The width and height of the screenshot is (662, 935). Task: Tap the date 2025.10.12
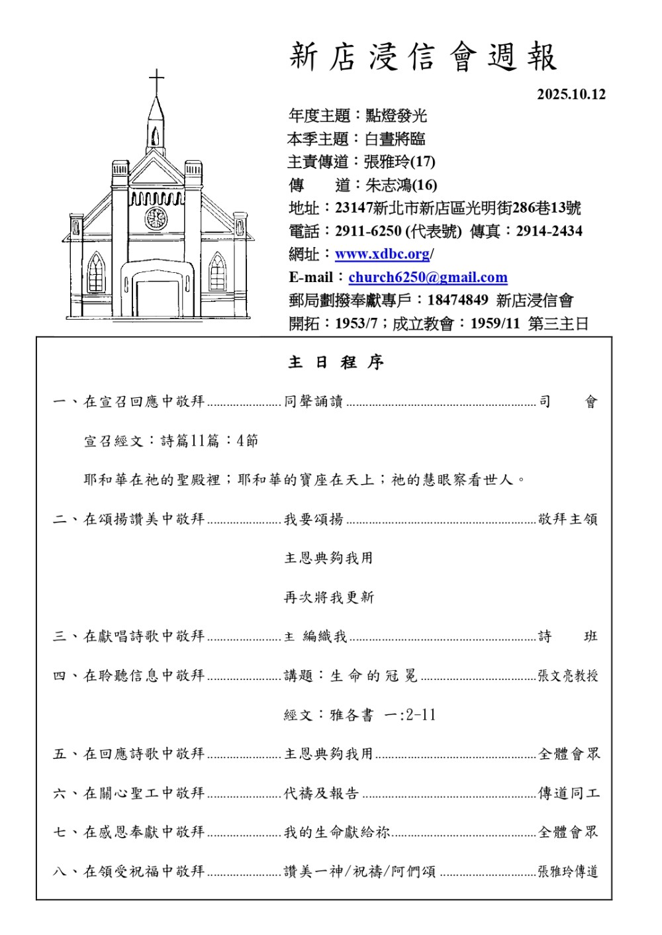pyautogui.click(x=571, y=94)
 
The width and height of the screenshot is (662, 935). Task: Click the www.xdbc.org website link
pyautogui.click(x=383, y=254)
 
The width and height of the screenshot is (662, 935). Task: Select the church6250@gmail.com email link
pyautogui.click(x=428, y=277)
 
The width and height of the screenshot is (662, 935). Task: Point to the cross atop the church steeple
pyautogui.click(x=156, y=82)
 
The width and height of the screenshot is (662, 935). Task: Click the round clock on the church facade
pyautogui.click(x=156, y=218)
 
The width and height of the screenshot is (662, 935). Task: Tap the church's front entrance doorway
pyautogui.click(x=157, y=298)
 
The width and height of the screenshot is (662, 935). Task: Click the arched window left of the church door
pyautogui.click(x=96, y=273)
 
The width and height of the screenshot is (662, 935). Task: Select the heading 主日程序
pyautogui.click(x=336, y=363)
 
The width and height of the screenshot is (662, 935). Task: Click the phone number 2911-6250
pyautogui.click(x=368, y=231)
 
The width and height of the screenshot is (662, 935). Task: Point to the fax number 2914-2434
pyautogui.click(x=549, y=231)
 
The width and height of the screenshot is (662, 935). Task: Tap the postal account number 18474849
pyautogui.click(x=457, y=301)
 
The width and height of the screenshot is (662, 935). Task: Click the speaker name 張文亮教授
pyautogui.click(x=567, y=676)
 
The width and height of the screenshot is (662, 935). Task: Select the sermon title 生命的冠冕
pyautogui.click(x=374, y=676)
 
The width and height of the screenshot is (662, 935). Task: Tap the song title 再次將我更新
pyautogui.click(x=329, y=597)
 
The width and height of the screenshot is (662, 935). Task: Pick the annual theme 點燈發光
pyautogui.click(x=396, y=116)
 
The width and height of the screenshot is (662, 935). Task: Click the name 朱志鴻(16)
pyautogui.click(x=401, y=185)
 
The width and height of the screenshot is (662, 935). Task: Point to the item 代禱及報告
pyautogui.click(x=321, y=793)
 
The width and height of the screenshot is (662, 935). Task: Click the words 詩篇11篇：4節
pyautogui.click(x=209, y=441)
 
